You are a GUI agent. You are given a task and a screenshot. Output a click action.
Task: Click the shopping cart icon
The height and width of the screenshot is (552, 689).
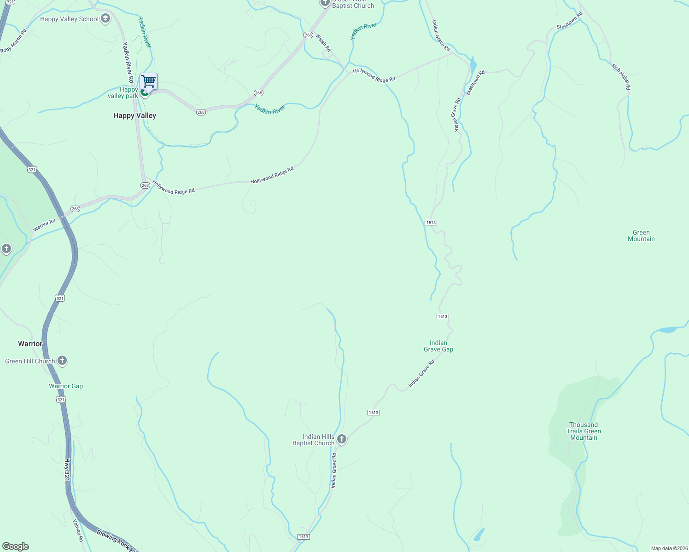pos(148,81)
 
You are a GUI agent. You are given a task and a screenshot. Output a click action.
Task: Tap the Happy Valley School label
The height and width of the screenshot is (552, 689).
pos(69,19)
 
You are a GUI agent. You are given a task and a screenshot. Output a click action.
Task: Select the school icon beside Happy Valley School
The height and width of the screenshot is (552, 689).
pos(105,18)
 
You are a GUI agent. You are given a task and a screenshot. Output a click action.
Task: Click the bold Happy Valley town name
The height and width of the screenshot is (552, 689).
pos(134,115)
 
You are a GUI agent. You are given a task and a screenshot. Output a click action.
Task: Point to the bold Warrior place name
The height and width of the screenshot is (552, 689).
pos(30,344)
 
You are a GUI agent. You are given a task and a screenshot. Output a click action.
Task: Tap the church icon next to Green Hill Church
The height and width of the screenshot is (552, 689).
pos(62,361)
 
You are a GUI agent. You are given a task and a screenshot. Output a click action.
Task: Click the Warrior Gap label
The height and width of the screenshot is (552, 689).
pos(66,386)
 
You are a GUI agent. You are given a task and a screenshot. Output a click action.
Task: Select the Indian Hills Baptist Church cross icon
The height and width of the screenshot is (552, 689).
pos(342,439)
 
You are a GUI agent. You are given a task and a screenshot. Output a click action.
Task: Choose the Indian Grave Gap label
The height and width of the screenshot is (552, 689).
pos(438,346)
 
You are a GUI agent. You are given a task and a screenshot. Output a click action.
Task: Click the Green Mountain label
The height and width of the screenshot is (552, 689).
pos(641,236)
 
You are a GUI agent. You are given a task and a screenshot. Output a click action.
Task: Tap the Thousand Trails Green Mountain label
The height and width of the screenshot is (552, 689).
pos(584,431)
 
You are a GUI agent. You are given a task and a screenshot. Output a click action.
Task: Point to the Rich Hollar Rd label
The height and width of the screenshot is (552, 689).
pos(621,76)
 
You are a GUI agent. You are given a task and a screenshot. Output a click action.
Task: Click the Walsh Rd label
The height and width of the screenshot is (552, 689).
pos(323,42)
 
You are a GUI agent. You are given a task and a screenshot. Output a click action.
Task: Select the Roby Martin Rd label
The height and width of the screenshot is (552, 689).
pos(14,40)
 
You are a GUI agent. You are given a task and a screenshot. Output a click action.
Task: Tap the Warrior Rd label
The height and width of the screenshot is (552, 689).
pos(44,225)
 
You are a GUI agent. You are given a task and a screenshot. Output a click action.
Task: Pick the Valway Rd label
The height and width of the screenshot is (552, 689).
pos(78,530)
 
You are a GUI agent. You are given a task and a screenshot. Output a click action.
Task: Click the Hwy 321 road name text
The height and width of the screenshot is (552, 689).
pos(67,470)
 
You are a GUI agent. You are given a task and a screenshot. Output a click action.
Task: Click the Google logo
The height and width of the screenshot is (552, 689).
pos(16,546)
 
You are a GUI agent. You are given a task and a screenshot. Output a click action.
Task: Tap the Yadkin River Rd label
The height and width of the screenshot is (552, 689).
pos(128,62)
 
